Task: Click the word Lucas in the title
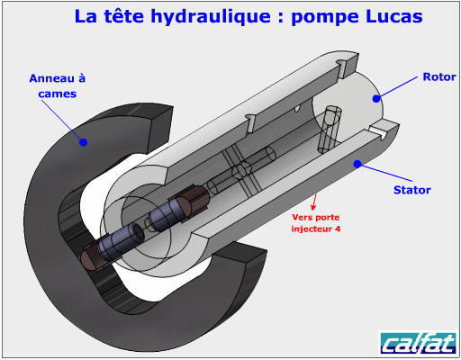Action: click(393, 16)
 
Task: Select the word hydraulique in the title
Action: click(211, 17)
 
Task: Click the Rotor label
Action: click(439, 77)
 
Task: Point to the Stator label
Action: click(412, 190)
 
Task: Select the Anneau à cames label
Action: click(58, 86)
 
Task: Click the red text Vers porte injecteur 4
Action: click(316, 223)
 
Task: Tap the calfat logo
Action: click(419, 343)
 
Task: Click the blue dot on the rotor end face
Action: click(376, 98)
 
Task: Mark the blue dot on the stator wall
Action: click(357, 164)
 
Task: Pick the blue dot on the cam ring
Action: click(83, 142)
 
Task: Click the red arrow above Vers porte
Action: click(314, 202)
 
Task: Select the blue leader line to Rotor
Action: click(397, 87)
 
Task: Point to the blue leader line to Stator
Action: click(384, 173)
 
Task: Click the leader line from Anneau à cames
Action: click(62, 121)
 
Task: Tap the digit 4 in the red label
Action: click(338, 229)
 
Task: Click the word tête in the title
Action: click(124, 16)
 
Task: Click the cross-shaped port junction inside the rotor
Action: click(242, 170)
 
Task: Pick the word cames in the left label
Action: click(58, 94)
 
